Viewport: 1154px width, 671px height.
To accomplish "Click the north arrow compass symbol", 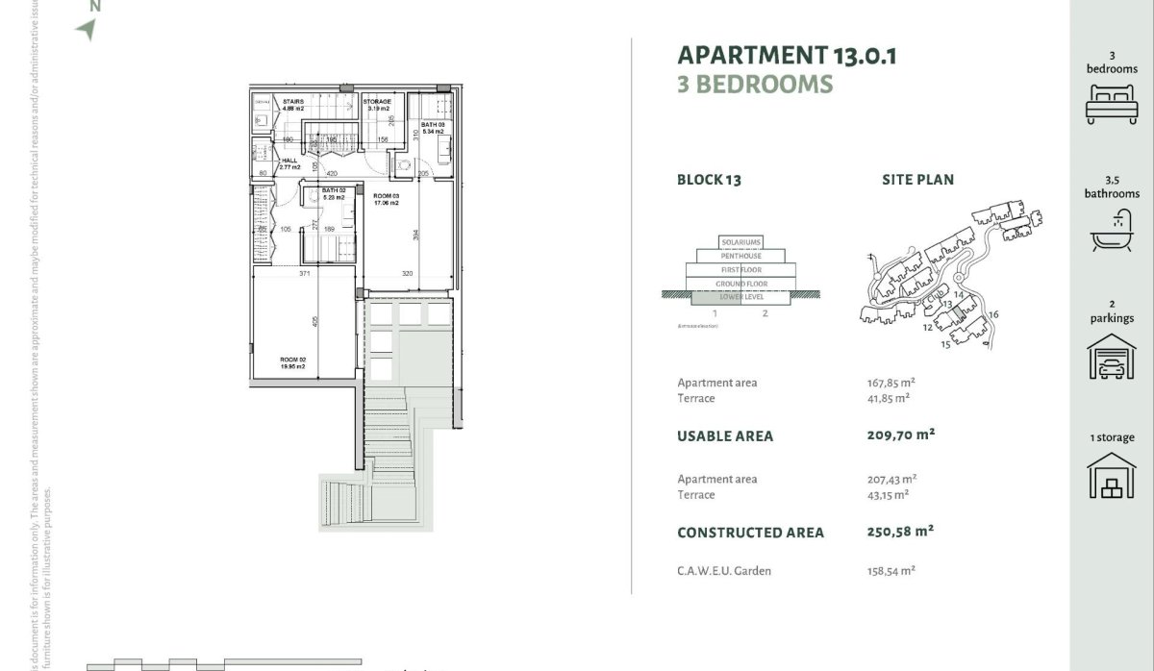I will [87, 29].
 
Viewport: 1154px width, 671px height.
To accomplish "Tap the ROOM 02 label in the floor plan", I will [293, 362].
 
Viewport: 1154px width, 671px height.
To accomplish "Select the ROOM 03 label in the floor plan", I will [387, 199].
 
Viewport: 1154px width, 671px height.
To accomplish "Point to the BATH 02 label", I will [321, 193].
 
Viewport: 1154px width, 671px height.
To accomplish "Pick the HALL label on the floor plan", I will [289, 163].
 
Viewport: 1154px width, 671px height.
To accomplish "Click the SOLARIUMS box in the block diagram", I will [740, 241].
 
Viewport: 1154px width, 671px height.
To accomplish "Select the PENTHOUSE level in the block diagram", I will [740, 256].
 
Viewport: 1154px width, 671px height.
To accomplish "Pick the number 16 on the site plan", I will [993, 314].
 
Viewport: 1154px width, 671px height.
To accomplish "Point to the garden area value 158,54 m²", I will [891, 570].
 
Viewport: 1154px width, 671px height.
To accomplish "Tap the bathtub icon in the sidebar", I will [1111, 231].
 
